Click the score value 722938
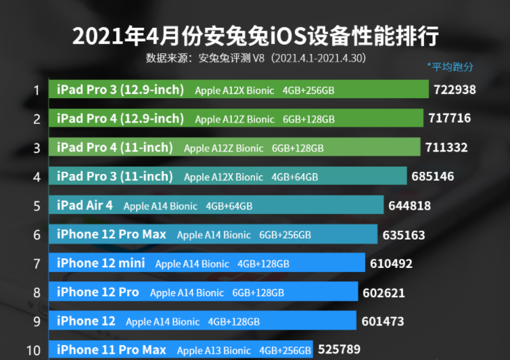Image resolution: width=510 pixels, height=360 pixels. (x=455, y=89)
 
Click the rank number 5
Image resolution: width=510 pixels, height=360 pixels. (x=37, y=206)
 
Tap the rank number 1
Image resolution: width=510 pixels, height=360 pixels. (x=37, y=89)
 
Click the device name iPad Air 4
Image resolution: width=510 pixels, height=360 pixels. (x=85, y=205)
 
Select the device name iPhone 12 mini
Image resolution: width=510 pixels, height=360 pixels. (x=101, y=263)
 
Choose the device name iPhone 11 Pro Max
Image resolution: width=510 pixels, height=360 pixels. (x=112, y=350)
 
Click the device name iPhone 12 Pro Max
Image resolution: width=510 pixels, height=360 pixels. (x=112, y=235)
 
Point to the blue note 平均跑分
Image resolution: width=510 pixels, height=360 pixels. (x=450, y=66)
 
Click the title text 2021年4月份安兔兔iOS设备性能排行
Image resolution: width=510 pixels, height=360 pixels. (x=255, y=35)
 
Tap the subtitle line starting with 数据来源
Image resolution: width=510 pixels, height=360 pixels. (x=255, y=58)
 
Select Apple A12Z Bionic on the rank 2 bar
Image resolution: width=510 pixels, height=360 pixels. (x=235, y=119)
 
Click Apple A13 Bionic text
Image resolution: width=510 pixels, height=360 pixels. (x=214, y=351)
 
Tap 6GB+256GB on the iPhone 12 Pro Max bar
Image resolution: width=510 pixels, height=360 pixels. (x=285, y=235)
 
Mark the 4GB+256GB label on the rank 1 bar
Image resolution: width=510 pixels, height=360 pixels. (x=308, y=90)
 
